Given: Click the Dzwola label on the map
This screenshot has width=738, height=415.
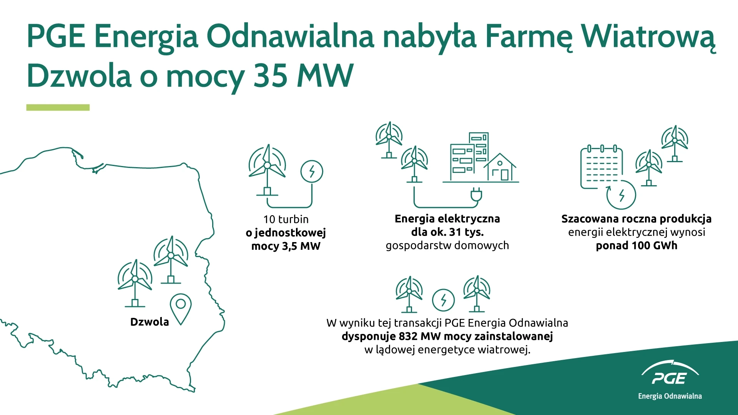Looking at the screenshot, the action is [x=150, y=322].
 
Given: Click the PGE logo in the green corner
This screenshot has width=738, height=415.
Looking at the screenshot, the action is [x=670, y=373].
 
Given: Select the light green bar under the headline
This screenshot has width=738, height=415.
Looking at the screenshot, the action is [x=58, y=108].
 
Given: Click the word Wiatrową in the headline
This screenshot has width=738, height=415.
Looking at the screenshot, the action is [x=648, y=37].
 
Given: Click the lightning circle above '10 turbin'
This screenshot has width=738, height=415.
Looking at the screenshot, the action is [x=312, y=171].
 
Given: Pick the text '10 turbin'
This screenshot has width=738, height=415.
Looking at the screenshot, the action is [x=286, y=219].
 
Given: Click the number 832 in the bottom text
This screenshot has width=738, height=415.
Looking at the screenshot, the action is [x=408, y=336].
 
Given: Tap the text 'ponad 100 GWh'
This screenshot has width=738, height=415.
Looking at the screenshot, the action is [x=637, y=246].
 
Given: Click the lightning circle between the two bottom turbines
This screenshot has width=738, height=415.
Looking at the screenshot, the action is [x=443, y=300].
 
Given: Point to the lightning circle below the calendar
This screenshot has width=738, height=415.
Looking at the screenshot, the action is [x=621, y=195].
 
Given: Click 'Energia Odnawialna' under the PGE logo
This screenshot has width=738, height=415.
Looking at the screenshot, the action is [x=670, y=396].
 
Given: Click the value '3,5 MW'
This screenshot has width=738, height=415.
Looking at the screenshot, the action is [x=301, y=246].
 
